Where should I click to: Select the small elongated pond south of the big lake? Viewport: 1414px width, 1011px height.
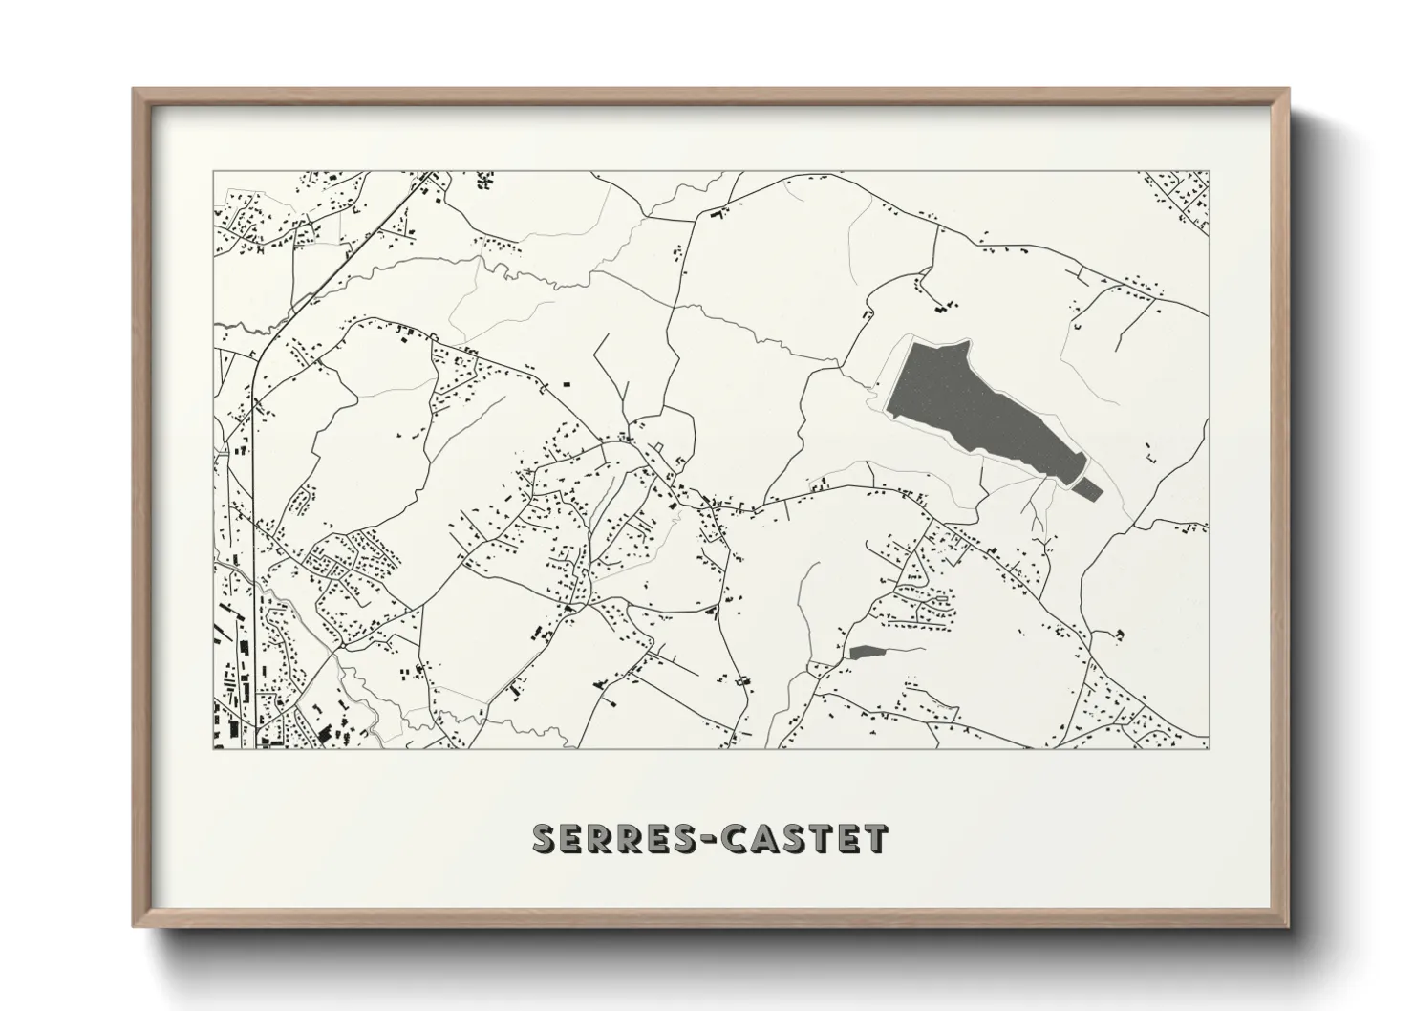point(866,652)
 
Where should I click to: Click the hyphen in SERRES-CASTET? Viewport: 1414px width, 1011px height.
point(711,839)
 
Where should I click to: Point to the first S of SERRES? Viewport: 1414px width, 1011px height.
point(545,839)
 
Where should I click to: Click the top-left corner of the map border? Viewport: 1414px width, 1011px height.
point(213,172)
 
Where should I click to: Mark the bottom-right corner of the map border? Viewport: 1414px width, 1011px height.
point(1209,749)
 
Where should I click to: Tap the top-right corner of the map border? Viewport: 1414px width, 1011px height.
point(1209,172)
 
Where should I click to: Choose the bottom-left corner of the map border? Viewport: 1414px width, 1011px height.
point(213,749)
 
